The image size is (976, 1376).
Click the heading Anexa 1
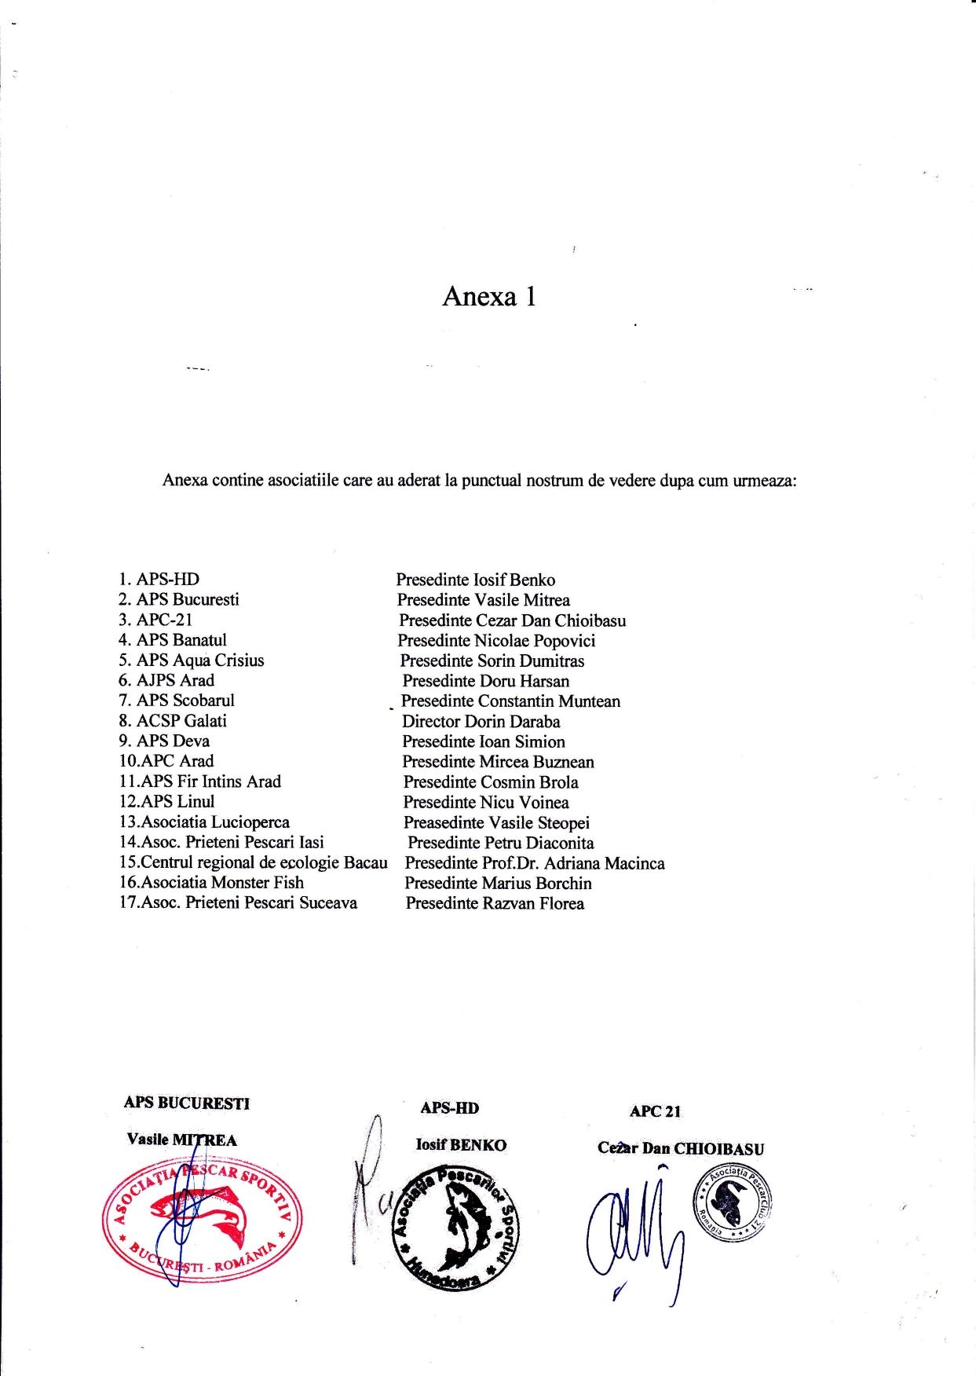(x=488, y=297)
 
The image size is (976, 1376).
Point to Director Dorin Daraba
(x=481, y=722)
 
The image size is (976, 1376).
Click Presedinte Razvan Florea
(x=495, y=903)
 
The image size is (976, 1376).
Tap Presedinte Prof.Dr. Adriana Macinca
(x=534, y=863)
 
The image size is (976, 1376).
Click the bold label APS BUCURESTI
(x=186, y=1103)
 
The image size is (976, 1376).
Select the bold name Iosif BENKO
(x=461, y=1145)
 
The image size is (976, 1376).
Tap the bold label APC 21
(x=655, y=1111)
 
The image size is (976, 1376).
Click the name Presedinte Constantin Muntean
(x=510, y=701)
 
